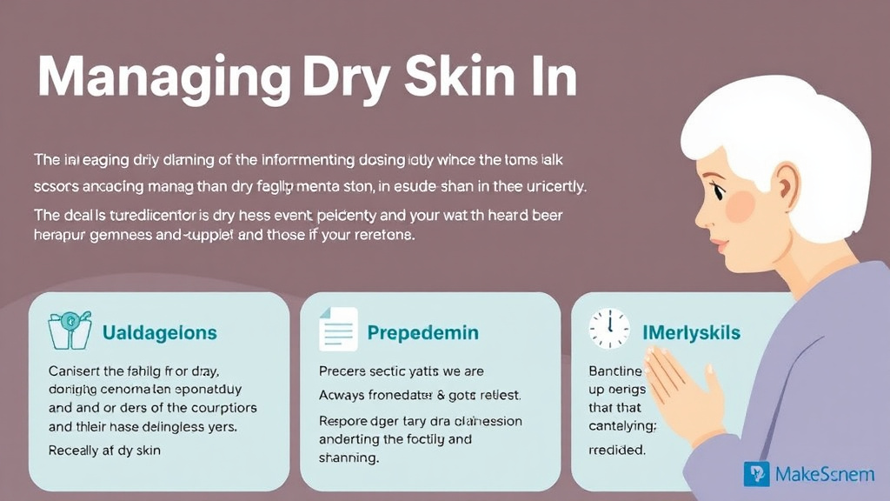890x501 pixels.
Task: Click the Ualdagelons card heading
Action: [160, 332]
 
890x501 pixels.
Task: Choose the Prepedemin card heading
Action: [422, 332]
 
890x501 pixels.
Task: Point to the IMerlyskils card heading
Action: [691, 332]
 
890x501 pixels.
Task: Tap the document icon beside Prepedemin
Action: [337, 330]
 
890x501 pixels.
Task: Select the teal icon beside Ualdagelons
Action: [68, 331]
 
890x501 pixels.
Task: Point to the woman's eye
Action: [721, 185]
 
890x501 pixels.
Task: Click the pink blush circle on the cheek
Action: [741, 204]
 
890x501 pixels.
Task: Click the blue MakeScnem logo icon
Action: [757, 474]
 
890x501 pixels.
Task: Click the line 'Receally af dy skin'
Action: [105, 451]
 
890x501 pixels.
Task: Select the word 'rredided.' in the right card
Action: [617, 451]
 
